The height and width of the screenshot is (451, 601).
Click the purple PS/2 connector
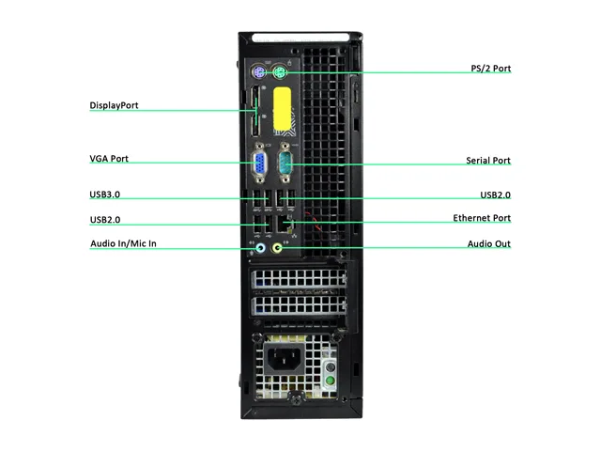tap(259, 71)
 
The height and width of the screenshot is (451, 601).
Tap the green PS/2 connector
tap(280, 72)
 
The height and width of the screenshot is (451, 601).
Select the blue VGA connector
tap(259, 163)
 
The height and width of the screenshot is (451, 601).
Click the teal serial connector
tap(285, 163)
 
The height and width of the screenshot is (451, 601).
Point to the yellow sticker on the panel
tap(282, 109)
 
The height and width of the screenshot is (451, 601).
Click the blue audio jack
tap(261, 248)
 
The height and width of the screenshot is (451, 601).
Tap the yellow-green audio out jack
tap(277, 248)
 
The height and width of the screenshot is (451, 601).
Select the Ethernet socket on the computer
tap(285, 224)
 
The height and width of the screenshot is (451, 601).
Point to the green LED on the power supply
tap(330, 381)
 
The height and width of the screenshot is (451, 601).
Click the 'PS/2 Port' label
tap(490, 69)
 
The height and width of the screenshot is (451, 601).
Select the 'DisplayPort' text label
tap(114, 105)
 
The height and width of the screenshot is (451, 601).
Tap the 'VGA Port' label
tap(109, 159)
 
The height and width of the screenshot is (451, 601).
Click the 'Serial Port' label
tap(488, 161)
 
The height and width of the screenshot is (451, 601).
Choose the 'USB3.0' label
tap(104, 194)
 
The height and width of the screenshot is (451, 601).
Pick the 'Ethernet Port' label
tap(482, 218)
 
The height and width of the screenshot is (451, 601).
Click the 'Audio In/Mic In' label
tap(123, 243)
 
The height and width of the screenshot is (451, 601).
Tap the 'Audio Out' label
tap(489, 244)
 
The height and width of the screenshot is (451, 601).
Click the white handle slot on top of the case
tap(300, 38)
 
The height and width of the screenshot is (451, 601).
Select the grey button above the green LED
tap(330, 367)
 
